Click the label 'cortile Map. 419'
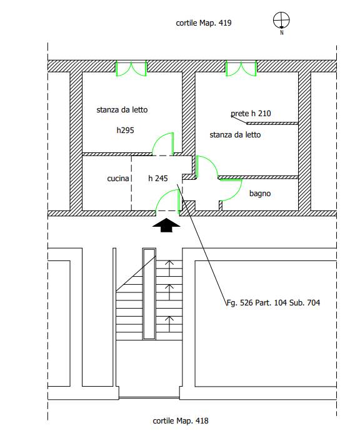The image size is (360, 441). [x=204, y=22]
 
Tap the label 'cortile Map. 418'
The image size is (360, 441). [x=181, y=421]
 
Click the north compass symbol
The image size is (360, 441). [x=281, y=21]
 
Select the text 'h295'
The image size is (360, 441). [x=125, y=130]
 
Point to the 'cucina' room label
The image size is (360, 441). [x=118, y=178]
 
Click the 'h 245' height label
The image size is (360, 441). [x=158, y=178]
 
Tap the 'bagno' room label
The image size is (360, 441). [x=260, y=194]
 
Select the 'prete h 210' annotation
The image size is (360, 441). [x=251, y=114]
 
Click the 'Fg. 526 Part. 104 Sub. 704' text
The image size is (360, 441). [x=273, y=302]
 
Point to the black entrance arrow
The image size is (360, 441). [x=166, y=225]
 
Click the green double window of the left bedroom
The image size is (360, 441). [x=131, y=69]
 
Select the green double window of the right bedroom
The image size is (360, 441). [x=241, y=69]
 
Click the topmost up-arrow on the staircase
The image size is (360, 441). [x=169, y=268]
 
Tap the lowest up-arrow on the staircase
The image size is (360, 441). [x=169, y=324]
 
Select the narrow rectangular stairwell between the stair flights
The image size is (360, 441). [x=149, y=294]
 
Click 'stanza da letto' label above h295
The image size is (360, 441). [x=122, y=110]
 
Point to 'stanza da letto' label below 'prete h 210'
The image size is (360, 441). [x=235, y=135]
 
